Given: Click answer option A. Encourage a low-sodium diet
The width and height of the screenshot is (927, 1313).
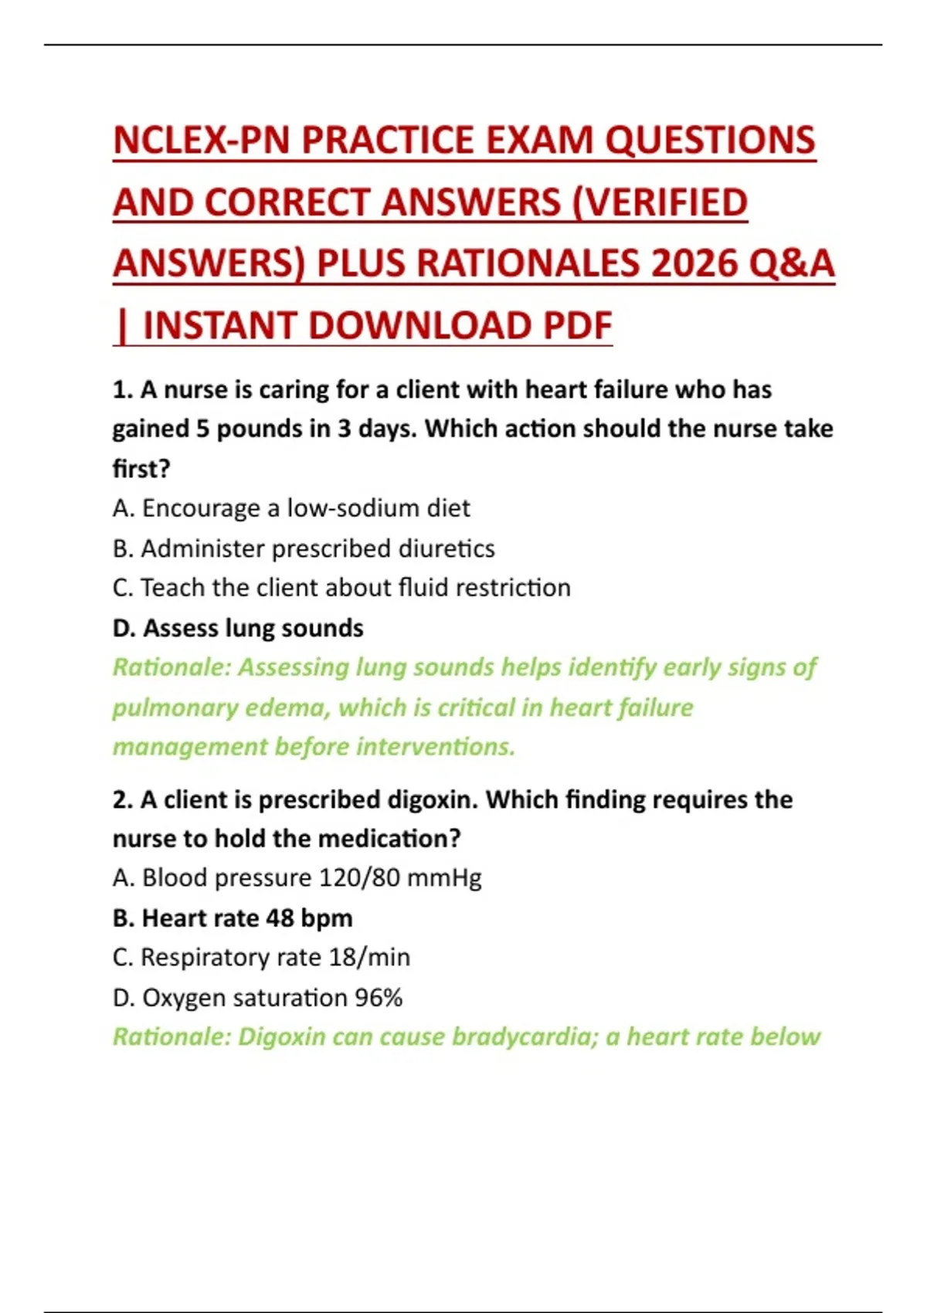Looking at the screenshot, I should tap(291, 508).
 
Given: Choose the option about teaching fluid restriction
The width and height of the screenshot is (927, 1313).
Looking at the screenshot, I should tap(341, 588).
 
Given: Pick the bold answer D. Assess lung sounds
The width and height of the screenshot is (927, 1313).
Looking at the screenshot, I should tap(238, 628).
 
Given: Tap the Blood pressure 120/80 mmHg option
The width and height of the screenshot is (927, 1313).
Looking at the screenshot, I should tap(297, 878).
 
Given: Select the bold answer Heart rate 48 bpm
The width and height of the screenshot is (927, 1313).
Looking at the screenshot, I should tap(233, 918).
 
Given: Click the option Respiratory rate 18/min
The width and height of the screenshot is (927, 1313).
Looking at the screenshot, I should tap(261, 958).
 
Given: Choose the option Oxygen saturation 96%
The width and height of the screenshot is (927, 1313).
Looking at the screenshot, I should tap(257, 998).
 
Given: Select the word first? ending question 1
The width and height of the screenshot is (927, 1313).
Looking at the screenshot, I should tap(141, 469).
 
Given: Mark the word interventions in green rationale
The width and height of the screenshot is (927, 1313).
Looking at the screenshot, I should tap(436, 747).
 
